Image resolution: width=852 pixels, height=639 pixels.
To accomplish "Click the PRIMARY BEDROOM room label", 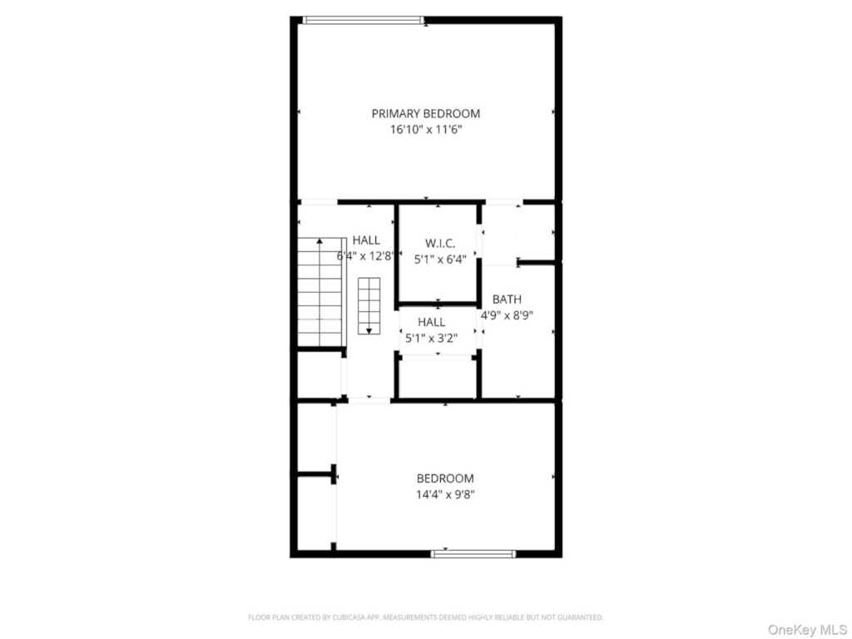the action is point(425,113).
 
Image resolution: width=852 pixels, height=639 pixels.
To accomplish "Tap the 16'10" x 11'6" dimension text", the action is point(426,130).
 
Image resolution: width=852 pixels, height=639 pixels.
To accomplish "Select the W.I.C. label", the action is point(440,243).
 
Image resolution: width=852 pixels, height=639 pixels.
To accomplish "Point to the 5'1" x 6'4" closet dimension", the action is point(440,260).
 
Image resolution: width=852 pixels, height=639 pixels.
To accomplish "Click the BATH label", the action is point(507,299).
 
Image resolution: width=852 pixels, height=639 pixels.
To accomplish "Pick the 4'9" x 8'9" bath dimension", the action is point(507,315).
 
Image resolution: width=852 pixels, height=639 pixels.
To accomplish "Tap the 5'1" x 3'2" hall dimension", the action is point(432,338).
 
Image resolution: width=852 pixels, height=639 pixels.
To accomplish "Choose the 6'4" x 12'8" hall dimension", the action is point(365,256).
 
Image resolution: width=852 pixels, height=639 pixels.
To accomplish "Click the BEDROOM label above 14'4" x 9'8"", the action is point(445,478).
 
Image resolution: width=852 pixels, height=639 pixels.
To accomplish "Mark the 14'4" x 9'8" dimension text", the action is point(445,494).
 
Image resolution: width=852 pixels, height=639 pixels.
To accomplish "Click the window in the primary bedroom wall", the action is point(363,20).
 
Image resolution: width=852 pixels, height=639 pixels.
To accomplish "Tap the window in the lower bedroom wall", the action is point(473,554).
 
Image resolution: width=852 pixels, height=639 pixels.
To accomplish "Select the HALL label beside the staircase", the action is point(366,240).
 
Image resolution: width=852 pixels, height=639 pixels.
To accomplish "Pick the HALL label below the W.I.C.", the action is point(432,322).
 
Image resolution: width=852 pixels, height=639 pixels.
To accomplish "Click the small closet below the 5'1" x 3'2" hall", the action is point(438,378).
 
